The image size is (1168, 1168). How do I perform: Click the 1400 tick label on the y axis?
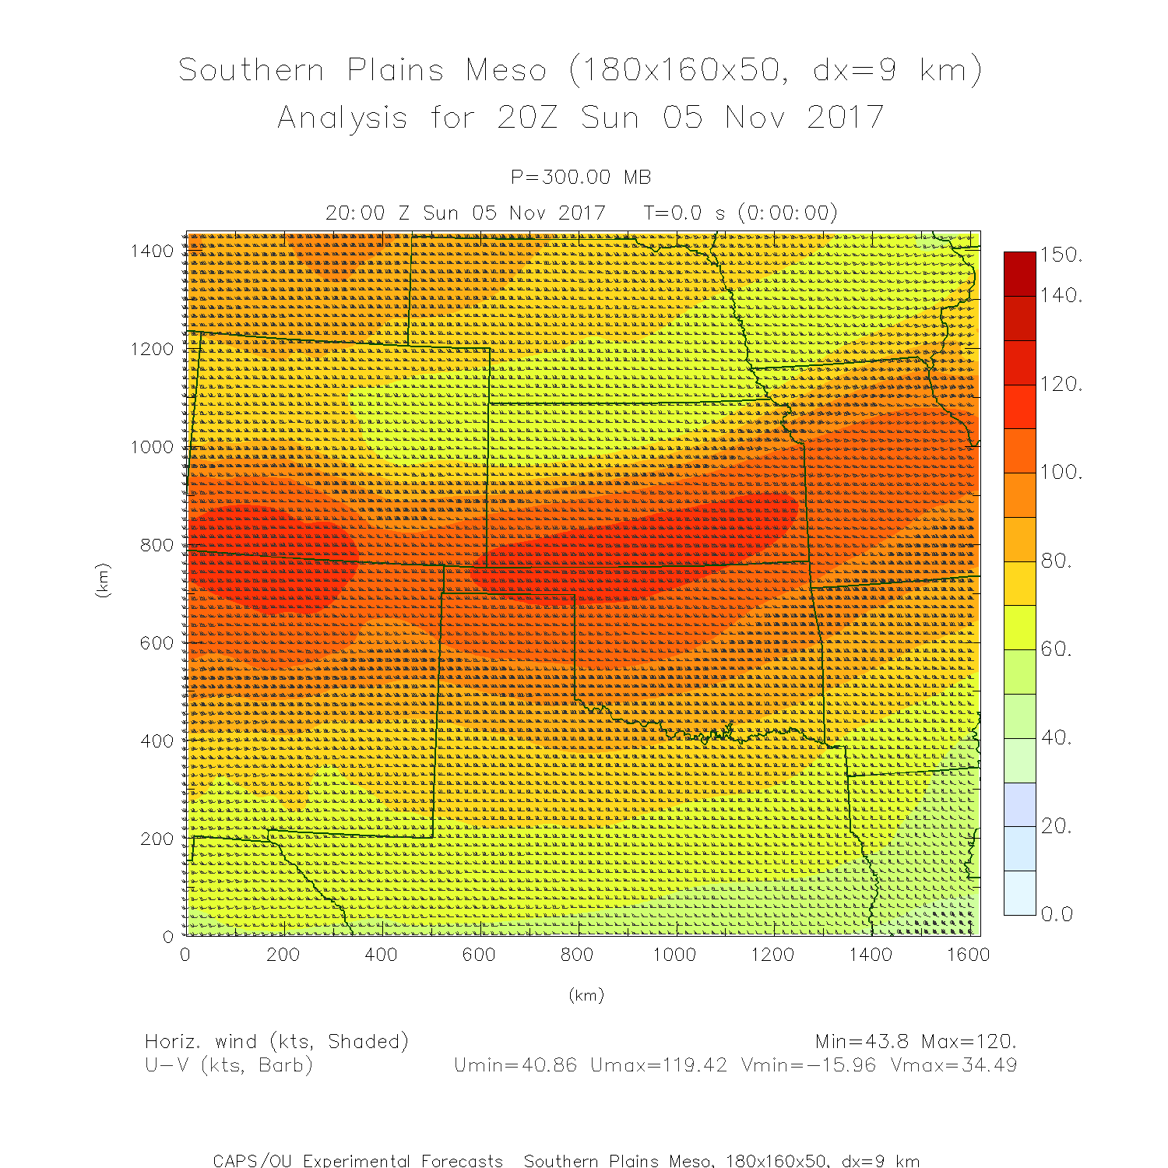tap(152, 251)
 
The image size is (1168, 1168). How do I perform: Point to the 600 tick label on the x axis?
tap(479, 955)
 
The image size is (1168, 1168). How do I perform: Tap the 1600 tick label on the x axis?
tap(968, 955)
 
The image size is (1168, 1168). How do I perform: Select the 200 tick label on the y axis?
tap(157, 839)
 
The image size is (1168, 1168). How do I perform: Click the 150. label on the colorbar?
tap(1061, 255)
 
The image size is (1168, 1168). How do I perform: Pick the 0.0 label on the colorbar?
tap(1057, 914)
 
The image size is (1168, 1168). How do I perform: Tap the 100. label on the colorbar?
tap(1061, 473)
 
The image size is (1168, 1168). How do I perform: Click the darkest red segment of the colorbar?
tap(1019, 273)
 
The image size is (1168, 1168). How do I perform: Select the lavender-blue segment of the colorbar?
tap(1019, 804)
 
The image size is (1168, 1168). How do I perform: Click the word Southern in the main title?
tap(251, 70)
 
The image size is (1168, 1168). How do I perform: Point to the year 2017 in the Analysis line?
tap(845, 118)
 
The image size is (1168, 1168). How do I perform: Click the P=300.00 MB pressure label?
tap(581, 178)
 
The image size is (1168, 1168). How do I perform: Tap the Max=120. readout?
tap(969, 1042)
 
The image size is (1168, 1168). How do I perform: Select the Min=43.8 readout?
tap(862, 1042)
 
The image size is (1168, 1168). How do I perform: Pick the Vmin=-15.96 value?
tap(808, 1065)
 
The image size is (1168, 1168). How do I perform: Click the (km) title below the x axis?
tap(586, 995)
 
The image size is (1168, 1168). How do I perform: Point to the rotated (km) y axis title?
tap(102, 580)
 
